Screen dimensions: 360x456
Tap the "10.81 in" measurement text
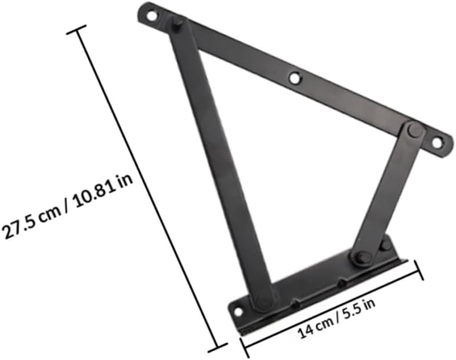pos(100,189)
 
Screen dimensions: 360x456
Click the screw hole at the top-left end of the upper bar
pos(151,16)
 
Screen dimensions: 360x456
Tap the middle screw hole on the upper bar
pos(295,77)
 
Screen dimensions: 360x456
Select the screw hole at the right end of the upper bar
pos(437,141)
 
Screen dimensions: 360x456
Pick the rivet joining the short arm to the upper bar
pos(413,129)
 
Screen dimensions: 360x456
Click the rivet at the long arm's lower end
pos(264,301)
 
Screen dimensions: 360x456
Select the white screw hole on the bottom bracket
pos(238,312)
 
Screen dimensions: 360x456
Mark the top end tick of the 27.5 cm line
pos(77,30)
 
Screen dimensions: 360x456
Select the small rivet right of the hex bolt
pos(385,244)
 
